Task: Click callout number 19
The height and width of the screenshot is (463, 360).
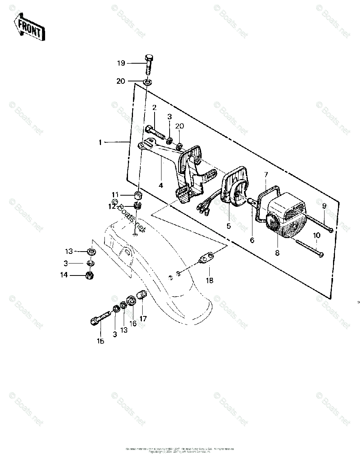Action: pyautogui.click(x=121, y=63)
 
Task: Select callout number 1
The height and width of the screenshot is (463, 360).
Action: pyautogui.click(x=100, y=143)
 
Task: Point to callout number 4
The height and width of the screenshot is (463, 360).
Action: pyautogui.click(x=161, y=185)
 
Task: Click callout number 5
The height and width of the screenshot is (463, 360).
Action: pyautogui.click(x=229, y=226)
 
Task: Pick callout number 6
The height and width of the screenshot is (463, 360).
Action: pyautogui.click(x=252, y=240)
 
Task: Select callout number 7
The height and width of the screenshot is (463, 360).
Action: pyautogui.click(x=266, y=175)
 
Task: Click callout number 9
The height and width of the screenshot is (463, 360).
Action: pyautogui.click(x=324, y=206)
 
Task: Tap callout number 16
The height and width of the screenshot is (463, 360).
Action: pyautogui.click(x=133, y=323)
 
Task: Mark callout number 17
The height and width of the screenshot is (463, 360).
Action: pyautogui.click(x=143, y=319)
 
